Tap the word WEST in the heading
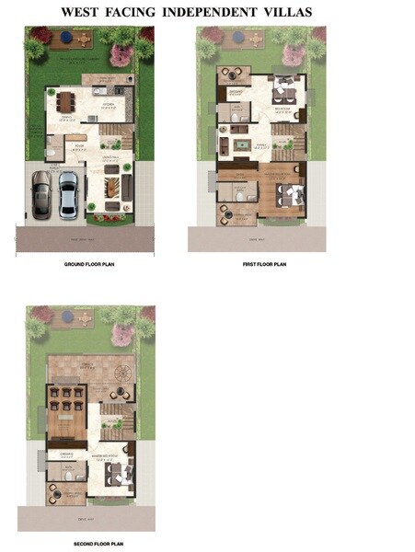84,13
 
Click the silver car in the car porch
68,192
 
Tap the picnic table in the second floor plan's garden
86,318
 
